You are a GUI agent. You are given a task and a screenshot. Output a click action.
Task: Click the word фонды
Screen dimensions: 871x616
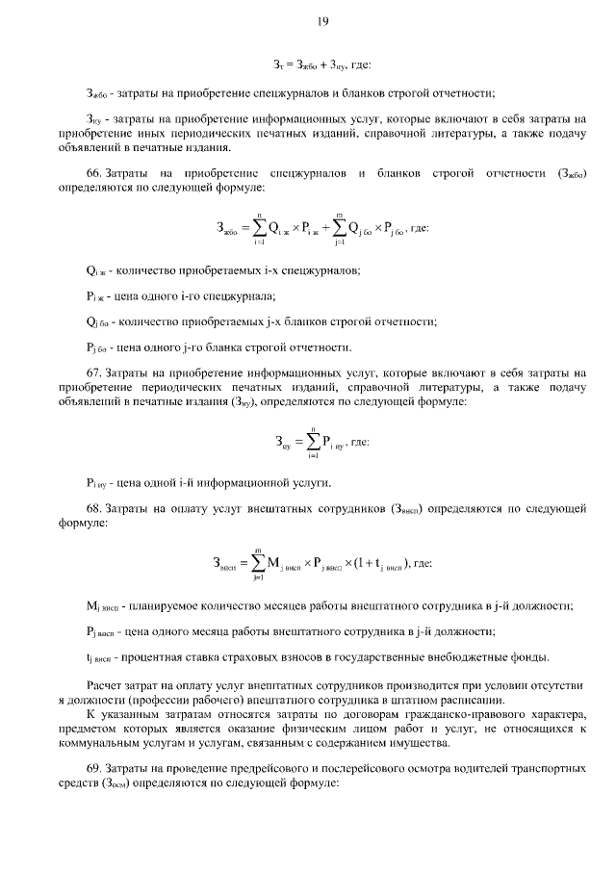(x=529, y=658)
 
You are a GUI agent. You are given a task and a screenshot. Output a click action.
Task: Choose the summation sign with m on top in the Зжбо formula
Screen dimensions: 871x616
(x=341, y=228)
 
